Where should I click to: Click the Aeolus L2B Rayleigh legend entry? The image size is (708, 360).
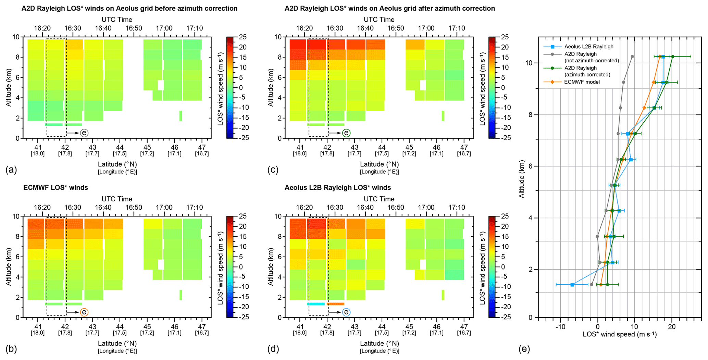tap(588, 47)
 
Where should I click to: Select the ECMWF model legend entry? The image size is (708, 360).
tap(582, 82)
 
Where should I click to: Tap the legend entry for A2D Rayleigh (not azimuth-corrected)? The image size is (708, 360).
tap(591, 57)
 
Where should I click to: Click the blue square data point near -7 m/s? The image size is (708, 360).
tap(572, 285)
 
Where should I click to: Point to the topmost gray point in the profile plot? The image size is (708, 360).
tap(632, 57)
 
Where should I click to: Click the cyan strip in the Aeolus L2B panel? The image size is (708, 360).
tap(316, 304)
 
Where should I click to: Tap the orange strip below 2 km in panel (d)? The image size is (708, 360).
tap(335, 304)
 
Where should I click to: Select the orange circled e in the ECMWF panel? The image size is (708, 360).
tap(84, 312)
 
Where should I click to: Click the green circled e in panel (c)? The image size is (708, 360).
tap(346, 133)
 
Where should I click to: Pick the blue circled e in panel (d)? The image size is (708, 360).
tap(346, 312)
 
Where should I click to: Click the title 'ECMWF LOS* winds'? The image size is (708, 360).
tap(55, 188)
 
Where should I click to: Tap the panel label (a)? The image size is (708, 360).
tap(11, 170)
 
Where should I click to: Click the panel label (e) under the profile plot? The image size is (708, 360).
tap(524, 349)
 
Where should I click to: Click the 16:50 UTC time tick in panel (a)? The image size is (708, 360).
tap(134, 28)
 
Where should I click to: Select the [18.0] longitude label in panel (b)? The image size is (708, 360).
tap(38, 333)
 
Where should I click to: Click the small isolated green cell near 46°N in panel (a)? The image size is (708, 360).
tap(181, 116)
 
